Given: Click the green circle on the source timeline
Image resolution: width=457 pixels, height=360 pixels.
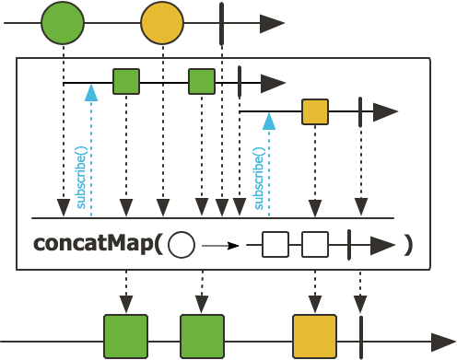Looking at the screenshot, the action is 63,23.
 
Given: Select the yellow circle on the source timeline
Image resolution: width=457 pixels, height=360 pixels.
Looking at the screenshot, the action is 162,23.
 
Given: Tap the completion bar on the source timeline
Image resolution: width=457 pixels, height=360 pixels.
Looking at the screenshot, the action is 222,23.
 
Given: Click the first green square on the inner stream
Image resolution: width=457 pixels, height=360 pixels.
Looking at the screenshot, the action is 126,81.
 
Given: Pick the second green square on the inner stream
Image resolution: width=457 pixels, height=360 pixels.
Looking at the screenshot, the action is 202,81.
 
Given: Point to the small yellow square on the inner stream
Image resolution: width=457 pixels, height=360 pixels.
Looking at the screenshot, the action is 315,111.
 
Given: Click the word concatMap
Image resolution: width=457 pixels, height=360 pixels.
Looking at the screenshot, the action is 93,244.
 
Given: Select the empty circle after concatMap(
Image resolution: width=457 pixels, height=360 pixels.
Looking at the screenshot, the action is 182,245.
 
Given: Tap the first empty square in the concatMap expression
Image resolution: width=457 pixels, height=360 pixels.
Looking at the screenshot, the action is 275,245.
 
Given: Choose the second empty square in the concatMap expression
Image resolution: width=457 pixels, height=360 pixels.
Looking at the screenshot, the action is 315,245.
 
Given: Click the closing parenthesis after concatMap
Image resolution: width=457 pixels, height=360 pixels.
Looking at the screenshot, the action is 408,245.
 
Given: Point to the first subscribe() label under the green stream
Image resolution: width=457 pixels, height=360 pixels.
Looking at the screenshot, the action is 81,178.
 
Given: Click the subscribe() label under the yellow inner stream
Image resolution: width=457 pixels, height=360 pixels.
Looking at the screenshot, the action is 259,179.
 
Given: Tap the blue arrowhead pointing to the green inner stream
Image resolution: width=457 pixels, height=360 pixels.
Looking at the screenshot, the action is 91,93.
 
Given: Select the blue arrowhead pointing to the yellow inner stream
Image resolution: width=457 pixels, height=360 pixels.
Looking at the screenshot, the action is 269,122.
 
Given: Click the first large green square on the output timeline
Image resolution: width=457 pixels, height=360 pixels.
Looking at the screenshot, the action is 126,336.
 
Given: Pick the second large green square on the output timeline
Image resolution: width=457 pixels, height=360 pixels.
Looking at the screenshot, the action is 202,336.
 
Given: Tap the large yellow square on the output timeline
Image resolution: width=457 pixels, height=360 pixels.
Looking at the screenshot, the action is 315,336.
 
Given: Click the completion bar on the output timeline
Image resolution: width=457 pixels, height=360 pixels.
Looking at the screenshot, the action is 361,337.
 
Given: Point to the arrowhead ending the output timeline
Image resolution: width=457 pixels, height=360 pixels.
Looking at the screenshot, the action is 443,342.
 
